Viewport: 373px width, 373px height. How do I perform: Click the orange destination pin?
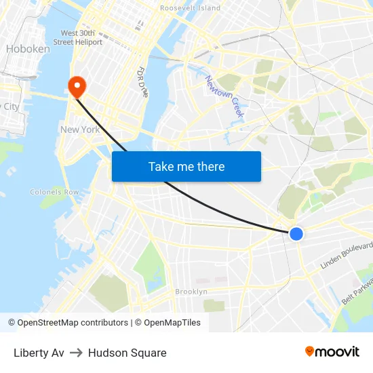pos(77,86)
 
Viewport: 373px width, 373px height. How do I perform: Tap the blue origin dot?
pos(296,233)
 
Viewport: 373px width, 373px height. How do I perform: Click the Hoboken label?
pos(28,49)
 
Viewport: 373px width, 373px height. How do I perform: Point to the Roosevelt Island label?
pos(190,8)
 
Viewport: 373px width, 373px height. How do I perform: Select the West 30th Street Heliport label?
pos(81,37)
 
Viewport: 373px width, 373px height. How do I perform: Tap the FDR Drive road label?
pos(143,81)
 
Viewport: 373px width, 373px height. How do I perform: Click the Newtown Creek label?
pos(224,96)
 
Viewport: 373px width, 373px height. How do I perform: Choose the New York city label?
pos(80,130)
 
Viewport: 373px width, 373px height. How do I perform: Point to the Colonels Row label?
pos(54,192)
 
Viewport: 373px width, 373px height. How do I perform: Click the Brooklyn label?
pos(191,292)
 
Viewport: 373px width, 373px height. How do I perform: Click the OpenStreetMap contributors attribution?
pos(73,323)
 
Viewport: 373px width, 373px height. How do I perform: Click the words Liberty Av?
pos(39,353)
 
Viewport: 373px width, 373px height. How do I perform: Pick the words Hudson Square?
pos(127,353)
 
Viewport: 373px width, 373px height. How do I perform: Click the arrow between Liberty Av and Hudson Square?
pos(76,353)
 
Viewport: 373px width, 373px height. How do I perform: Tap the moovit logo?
pos(332,351)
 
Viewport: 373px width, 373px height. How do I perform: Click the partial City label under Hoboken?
pos(10,106)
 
